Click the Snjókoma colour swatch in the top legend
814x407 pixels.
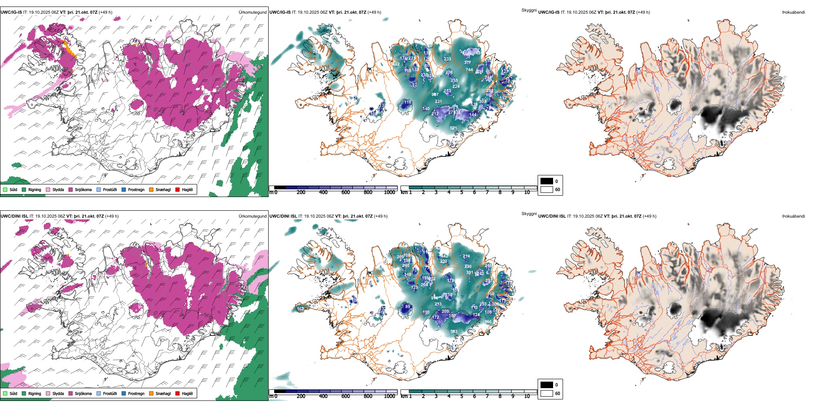pos(71,189)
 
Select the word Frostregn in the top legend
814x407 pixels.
pos(136,190)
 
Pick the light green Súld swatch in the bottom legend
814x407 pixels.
pos(5,393)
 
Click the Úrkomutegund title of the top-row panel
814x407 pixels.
pos(252,12)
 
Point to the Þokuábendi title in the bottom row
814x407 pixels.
pos(793,216)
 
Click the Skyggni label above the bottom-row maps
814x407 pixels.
pos(529,213)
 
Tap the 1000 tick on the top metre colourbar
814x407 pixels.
pos(389,192)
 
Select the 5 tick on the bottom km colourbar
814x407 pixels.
pos(462,396)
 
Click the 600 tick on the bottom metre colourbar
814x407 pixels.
pos(346,396)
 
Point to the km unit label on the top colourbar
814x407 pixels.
pos(404,192)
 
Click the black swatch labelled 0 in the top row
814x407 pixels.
pos(547,181)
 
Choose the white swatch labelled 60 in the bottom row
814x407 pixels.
pos(547,393)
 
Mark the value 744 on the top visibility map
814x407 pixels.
pos(469,69)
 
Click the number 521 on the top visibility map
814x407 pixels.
pos(453,128)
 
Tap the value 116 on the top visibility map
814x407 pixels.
pos(407,102)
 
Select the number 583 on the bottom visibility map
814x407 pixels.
pos(454,332)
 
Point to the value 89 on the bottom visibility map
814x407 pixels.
pos(407,307)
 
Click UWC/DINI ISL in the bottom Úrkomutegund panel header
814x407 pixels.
pos(14,216)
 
